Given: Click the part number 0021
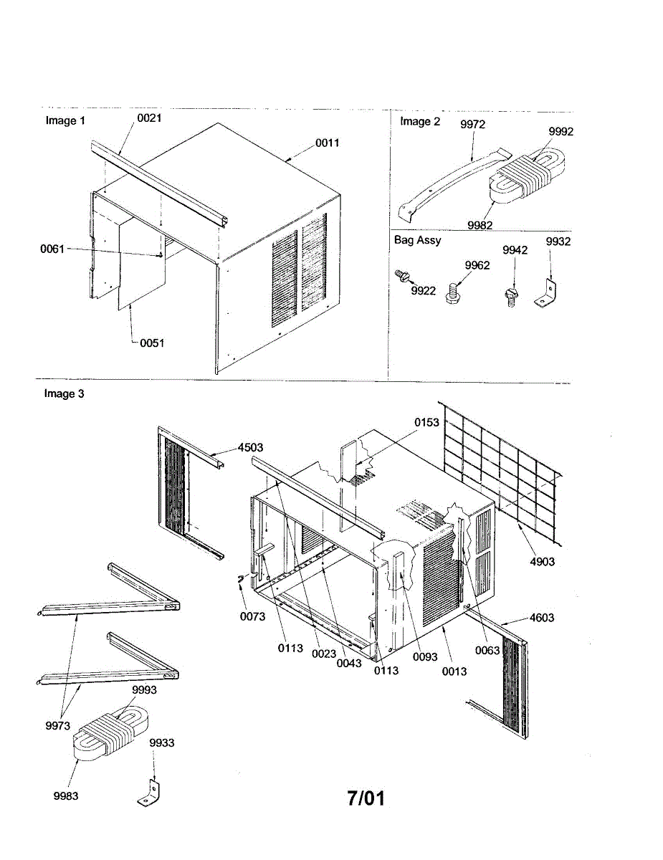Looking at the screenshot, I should coord(149,118).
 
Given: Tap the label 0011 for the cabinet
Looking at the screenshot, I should coord(328,143).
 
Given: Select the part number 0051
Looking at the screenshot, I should coord(152,343).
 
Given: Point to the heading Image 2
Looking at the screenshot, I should coord(420,121).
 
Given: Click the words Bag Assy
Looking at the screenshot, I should coord(418,240).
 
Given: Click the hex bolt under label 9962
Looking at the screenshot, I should coord(455,293).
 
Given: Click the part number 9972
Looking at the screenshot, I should coord(473,125).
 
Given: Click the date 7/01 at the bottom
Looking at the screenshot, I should coord(366,798).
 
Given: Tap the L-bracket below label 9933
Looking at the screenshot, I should coord(149,793).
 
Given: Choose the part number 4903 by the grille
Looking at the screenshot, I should coord(542,561).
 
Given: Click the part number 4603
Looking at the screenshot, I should coord(541,617).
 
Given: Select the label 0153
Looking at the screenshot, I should coord(427,422).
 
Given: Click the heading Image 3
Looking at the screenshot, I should coord(65,393).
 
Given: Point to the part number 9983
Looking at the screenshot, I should coord(66,795).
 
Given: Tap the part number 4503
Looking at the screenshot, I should coord(251,447).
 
